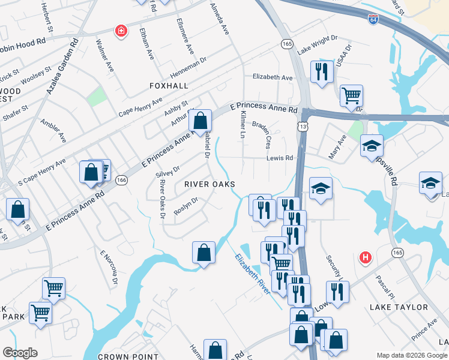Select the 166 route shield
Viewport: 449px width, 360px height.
tap(121, 180)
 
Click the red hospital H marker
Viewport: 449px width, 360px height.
tap(364, 258)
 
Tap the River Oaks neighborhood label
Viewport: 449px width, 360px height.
tap(209, 184)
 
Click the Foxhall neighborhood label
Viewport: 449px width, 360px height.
tap(169, 86)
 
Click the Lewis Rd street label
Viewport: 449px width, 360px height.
tap(280, 158)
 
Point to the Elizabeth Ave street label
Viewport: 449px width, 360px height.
tap(273, 77)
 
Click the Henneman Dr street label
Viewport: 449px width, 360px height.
tap(188, 65)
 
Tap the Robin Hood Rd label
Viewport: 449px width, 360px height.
tap(23, 44)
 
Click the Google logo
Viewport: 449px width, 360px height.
tap(20, 352)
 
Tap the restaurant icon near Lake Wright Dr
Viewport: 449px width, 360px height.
tap(322, 71)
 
